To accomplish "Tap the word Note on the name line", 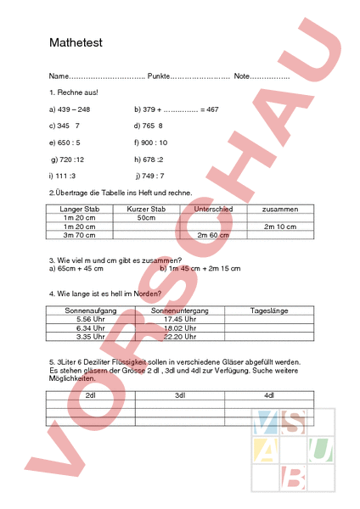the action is pyautogui.click(x=242, y=77).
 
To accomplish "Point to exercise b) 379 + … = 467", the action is pyautogui.click(x=177, y=109).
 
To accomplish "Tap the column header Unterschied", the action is pyautogui.click(x=213, y=207).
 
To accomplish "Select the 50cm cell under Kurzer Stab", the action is pyautogui.click(x=146, y=217).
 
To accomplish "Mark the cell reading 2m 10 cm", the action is pyautogui.click(x=279, y=227).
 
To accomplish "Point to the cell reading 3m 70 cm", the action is pyautogui.click(x=78, y=235).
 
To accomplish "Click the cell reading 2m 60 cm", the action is pyautogui.click(x=213, y=235).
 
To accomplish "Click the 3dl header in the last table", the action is pyautogui.click(x=179, y=395).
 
